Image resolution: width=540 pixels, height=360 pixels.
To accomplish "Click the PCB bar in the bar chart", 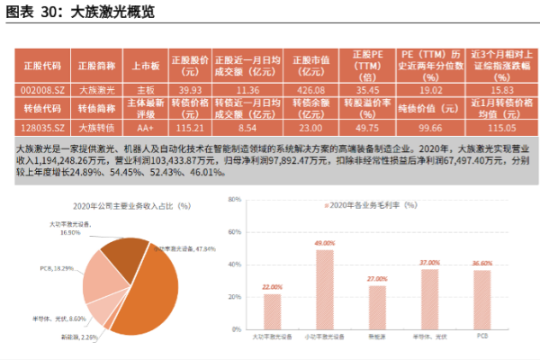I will click(x=482, y=298).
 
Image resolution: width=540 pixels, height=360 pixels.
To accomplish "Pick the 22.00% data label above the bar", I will click(x=271, y=287).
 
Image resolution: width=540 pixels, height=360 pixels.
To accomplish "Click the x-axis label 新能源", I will click(x=377, y=336).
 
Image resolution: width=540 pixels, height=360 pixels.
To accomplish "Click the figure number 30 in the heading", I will click(x=50, y=13).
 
